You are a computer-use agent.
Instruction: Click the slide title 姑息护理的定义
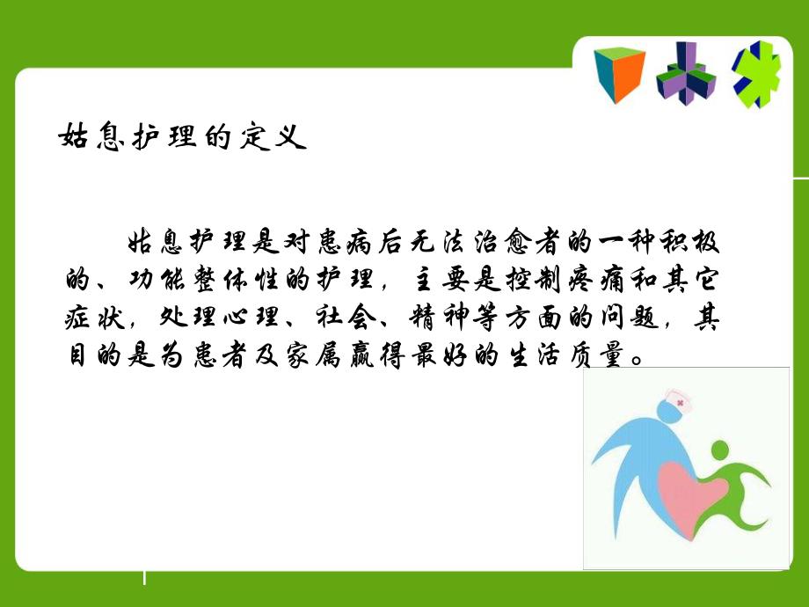(181, 138)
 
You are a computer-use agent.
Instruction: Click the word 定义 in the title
(278, 138)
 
